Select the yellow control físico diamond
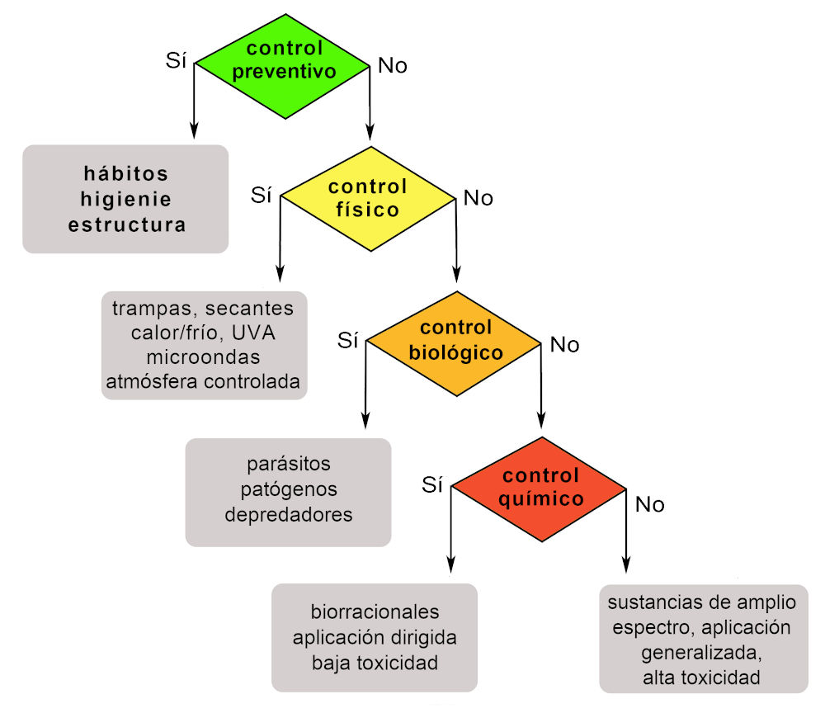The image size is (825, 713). [x=368, y=198]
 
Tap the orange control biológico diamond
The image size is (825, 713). [x=455, y=340]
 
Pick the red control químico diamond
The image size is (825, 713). [x=541, y=488]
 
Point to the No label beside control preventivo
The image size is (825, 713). [x=393, y=66]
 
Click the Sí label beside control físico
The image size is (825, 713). [x=262, y=195]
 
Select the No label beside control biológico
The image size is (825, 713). [x=564, y=345]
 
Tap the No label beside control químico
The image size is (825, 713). [x=650, y=504]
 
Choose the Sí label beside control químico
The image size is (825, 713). [x=433, y=484]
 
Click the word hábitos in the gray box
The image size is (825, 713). [x=126, y=174]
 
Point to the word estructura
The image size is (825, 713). [x=126, y=224]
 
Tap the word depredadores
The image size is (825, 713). [x=289, y=514]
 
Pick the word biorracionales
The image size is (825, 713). [x=375, y=613]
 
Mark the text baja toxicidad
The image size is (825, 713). [x=375, y=662]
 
